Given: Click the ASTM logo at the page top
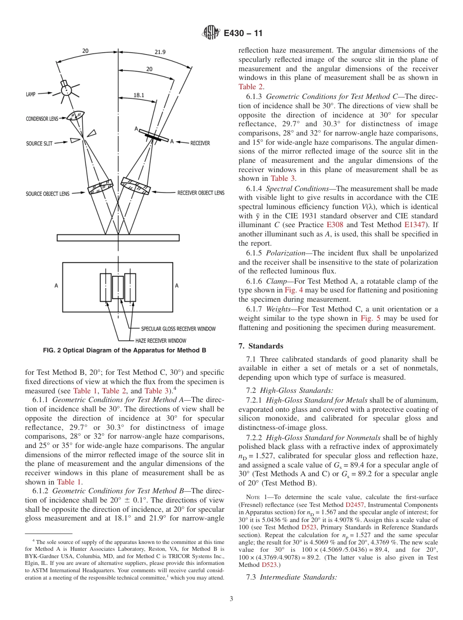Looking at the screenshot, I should tap(212, 33).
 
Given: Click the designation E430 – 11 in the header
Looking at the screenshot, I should tap(243, 34).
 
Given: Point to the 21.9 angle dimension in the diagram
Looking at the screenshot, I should tap(160, 52).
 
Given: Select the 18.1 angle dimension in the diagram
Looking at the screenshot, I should tap(138, 96).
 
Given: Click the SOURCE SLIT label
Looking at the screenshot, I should tap(39, 143).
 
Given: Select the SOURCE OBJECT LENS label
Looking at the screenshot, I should tap(47, 194).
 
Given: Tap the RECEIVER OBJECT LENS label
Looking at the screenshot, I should tap(201, 193).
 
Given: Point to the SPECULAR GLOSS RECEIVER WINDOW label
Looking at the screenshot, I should tap(178, 329).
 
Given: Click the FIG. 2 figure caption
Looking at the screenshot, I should tap(124, 350).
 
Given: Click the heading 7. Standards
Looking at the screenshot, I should tap(260, 346).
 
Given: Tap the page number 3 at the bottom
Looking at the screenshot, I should tap(231, 599).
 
